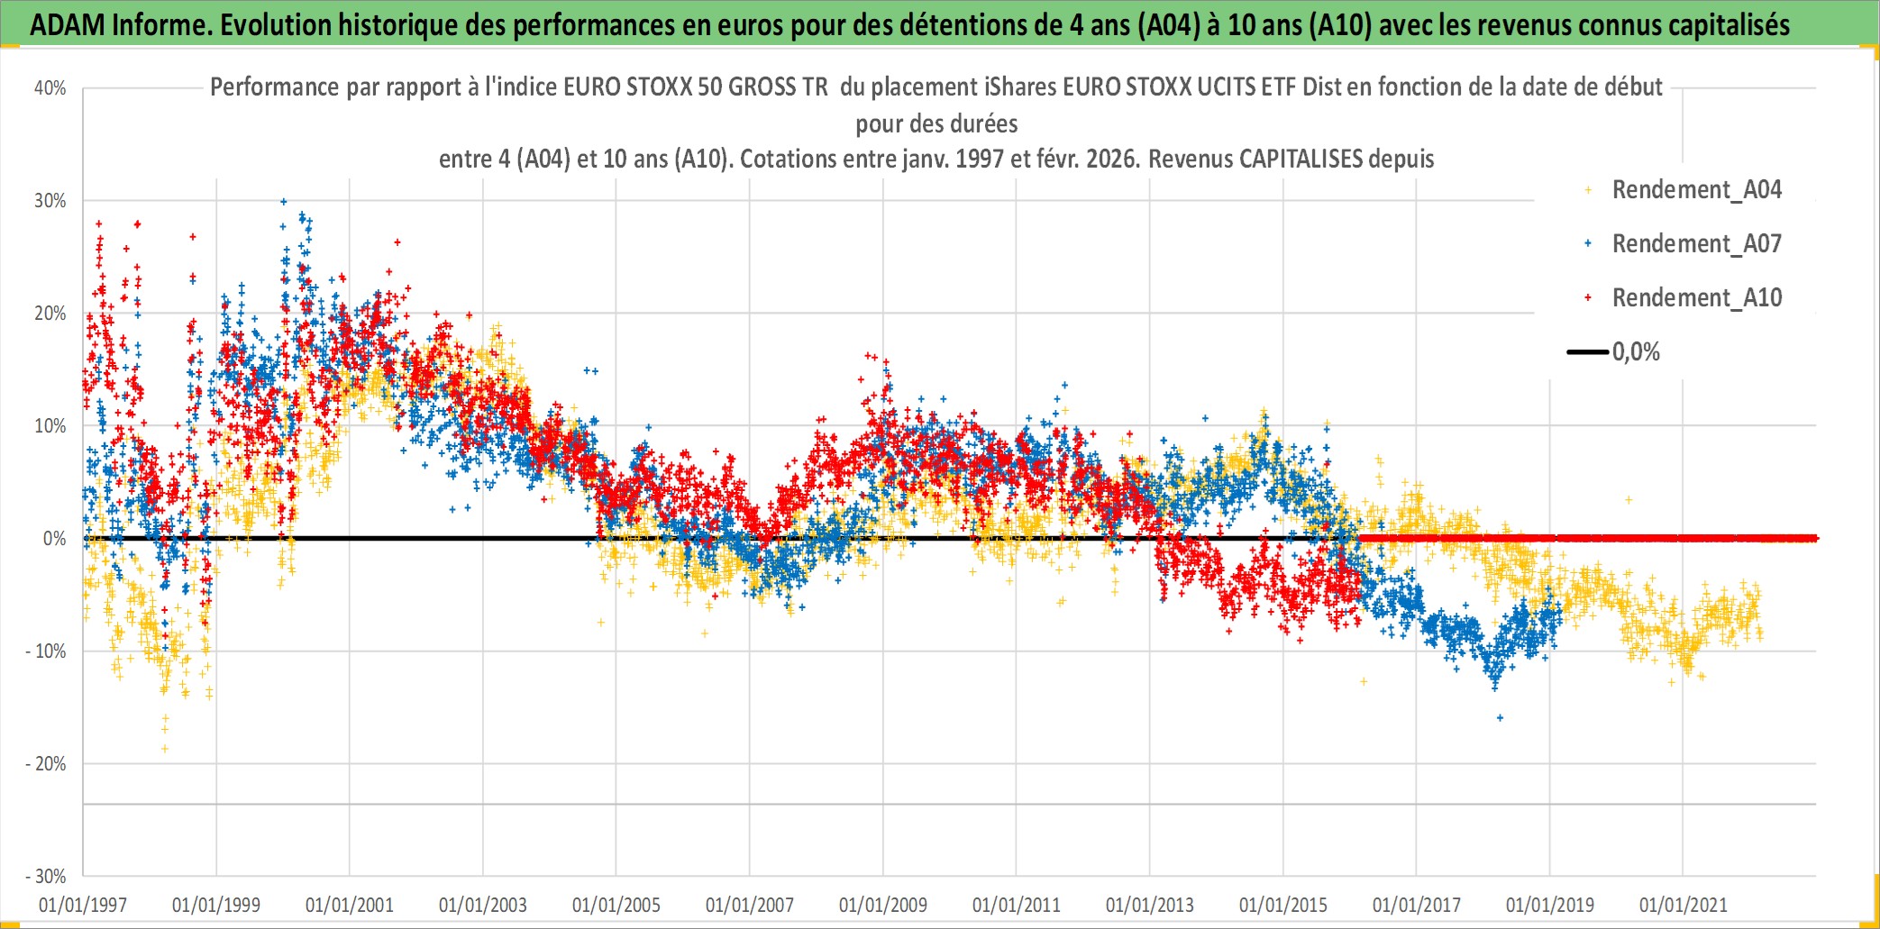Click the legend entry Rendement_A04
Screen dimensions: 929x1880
click(1696, 190)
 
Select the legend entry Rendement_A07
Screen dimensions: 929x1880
click(1696, 244)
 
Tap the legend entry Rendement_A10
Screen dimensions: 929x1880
click(1696, 298)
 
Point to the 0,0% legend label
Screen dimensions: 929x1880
click(1636, 352)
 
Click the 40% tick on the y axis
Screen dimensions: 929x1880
click(50, 88)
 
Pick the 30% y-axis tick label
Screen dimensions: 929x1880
click(50, 201)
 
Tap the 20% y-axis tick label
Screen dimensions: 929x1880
click(50, 314)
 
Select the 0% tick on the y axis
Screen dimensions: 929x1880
click(54, 539)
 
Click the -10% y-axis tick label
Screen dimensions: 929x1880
click(46, 651)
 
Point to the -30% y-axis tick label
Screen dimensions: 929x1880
click(46, 877)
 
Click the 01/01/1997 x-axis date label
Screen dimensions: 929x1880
click(83, 905)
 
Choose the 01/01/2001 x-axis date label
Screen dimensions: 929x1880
click(350, 905)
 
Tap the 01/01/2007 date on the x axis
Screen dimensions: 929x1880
click(750, 905)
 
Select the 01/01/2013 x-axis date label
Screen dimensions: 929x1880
click(1150, 905)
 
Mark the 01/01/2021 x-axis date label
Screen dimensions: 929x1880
click(1684, 905)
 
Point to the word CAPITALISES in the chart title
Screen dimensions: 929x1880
click(1300, 159)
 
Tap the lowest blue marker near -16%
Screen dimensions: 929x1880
click(1500, 718)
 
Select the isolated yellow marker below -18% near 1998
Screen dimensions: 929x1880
click(165, 749)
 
